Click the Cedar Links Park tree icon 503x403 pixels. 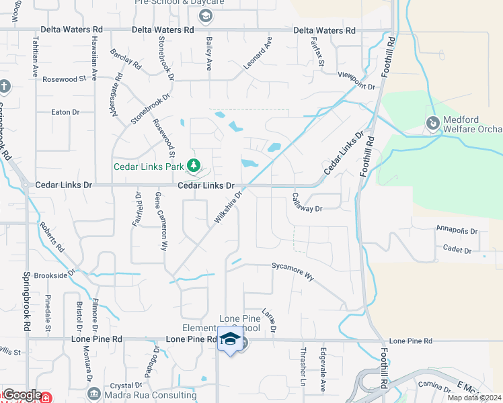pyautogui.click(x=194, y=165)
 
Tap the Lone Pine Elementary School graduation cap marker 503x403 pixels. pyautogui.click(x=230, y=339)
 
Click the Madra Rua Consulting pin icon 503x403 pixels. pyautogui.click(x=94, y=394)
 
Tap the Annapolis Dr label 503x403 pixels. pyautogui.click(x=457, y=230)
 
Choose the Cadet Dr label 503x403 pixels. pyautogui.click(x=457, y=250)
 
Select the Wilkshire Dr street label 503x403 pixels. pyautogui.click(x=227, y=208)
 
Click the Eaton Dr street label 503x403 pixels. pyautogui.click(x=65, y=112)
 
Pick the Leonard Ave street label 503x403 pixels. pyautogui.click(x=258, y=53)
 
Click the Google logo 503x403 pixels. pyautogui.click(x=22, y=395)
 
